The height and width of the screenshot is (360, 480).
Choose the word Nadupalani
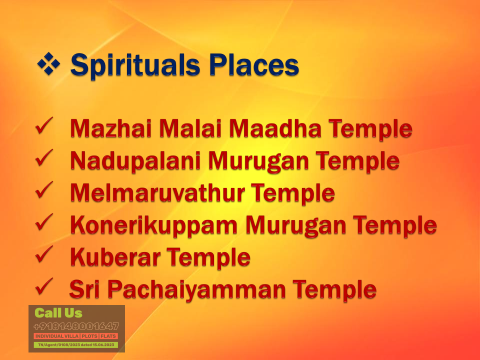pos(135,161)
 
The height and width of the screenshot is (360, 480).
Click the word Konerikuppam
pos(154,225)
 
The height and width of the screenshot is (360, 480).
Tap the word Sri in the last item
pos(85,289)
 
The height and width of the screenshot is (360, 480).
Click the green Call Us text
pos(58,313)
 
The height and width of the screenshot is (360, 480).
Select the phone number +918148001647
pos(76,326)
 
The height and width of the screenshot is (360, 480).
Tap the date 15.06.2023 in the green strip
pos(102,345)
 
